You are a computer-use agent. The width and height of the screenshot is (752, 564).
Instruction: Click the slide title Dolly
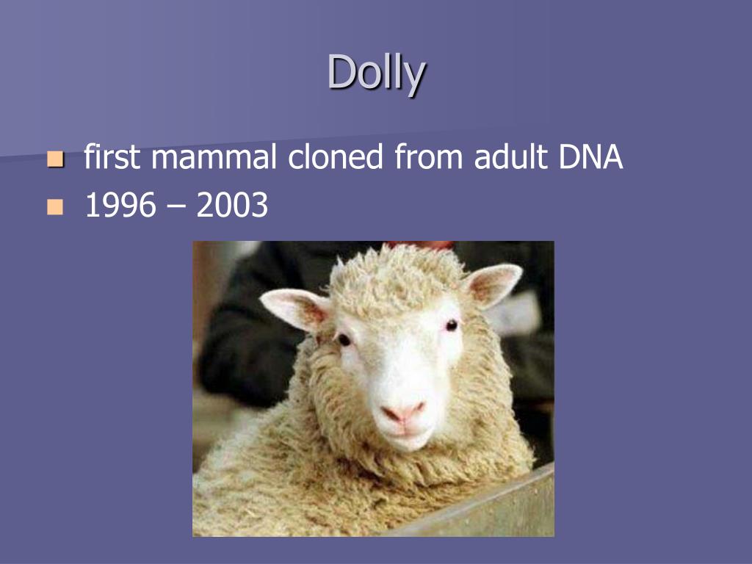(x=376, y=73)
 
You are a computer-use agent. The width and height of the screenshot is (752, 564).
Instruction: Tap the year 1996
(x=120, y=207)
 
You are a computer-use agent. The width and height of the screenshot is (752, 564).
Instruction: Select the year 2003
(x=232, y=207)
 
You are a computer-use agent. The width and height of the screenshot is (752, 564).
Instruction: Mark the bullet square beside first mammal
(x=55, y=159)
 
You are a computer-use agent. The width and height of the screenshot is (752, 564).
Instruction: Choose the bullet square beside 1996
(x=55, y=208)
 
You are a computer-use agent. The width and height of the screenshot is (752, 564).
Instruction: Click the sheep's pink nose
(x=404, y=411)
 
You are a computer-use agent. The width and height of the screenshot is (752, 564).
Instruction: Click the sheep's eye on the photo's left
(x=344, y=339)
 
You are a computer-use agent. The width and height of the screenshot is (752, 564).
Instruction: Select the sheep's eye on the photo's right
(x=451, y=325)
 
